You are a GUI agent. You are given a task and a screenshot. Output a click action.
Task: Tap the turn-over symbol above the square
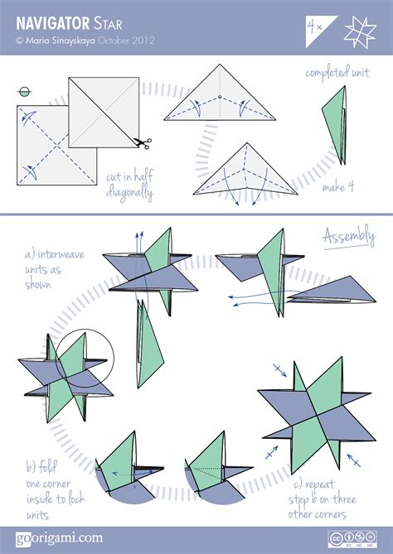[x=24, y=93]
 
